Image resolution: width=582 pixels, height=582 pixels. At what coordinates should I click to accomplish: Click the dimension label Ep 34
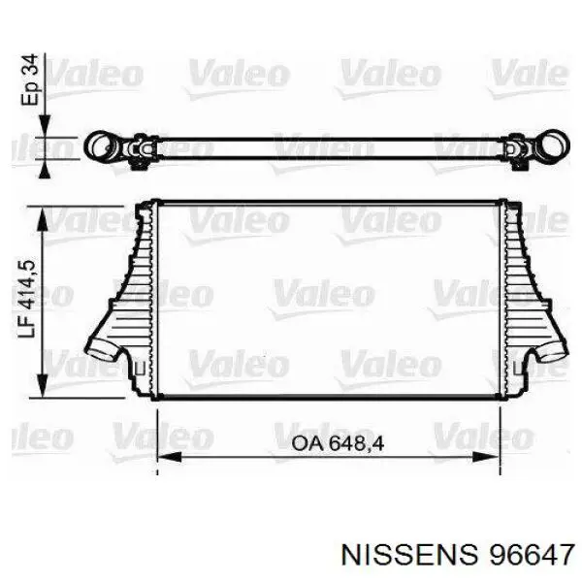pyautogui.click(x=30, y=80)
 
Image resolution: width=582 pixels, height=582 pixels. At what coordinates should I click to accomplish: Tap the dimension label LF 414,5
pyautogui.click(x=27, y=299)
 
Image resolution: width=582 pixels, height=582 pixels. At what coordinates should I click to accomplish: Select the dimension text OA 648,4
pyautogui.click(x=337, y=444)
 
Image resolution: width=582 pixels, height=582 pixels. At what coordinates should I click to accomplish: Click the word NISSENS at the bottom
pyautogui.click(x=409, y=555)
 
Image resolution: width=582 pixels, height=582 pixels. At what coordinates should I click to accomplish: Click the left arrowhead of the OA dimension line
pyautogui.click(x=169, y=457)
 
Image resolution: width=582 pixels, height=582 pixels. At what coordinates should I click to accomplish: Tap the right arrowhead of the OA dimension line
pyautogui.click(x=486, y=457)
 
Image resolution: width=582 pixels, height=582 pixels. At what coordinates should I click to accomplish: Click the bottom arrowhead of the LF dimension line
pyautogui.click(x=43, y=385)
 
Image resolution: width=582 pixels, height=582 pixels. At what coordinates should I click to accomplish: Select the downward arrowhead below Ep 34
pyautogui.click(x=45, y=125)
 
